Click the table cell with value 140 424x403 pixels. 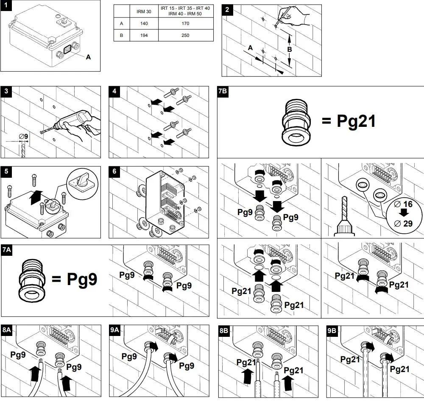click(x=144, y=23)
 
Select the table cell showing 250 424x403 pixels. click(x=186, y=35)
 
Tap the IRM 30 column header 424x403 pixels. click(x=144, y=11)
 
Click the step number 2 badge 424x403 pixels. click(x=227, y=10)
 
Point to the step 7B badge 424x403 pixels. click(x=223, y=91)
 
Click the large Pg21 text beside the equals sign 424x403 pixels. click(x=356, y=121)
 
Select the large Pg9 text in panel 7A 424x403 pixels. click(x=82, y=279)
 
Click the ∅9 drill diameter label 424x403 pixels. click(x=23, y=136)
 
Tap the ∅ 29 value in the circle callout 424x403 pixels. click(x=403, y=224)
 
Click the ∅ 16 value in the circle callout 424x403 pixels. click(x=403, y=204)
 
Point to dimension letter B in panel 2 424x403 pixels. click(x=290, y=50)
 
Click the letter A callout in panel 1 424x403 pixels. click(x=88, y=57)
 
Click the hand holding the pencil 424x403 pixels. click(x=295, y=16)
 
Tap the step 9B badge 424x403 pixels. click(x=332, y=331)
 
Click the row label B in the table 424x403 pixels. click(x=121, y=35)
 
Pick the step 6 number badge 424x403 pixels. click(x=114, y=171)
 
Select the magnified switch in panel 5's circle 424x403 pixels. click(x=82, y=182)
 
